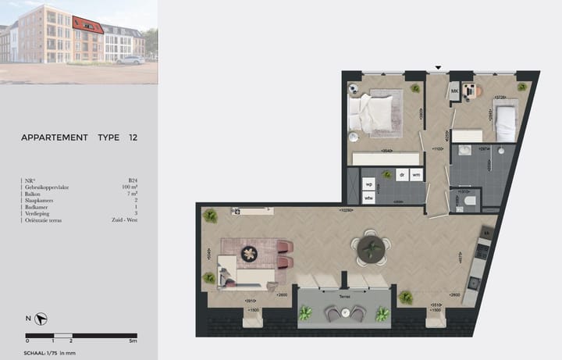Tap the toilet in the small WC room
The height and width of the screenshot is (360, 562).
click(468, 201)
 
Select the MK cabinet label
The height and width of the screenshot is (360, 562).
click(454, 92)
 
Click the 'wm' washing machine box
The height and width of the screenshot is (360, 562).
click(417, 175)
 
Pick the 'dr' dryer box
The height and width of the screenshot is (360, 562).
click(401, 175)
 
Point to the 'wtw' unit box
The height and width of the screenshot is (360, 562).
click(368, 198)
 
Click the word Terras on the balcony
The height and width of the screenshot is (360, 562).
click(343, 296)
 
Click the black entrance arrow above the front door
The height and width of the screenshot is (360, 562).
click(439, 68)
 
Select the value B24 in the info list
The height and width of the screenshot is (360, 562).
click(132, 180)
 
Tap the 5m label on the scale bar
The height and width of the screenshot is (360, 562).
click(133, 341)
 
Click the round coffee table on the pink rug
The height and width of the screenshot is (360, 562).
click(250, 253)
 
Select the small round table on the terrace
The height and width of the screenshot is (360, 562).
click(343, 313)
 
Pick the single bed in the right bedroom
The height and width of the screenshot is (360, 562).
click(505, 120)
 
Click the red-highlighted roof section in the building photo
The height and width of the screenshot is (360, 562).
click(88, 23)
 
